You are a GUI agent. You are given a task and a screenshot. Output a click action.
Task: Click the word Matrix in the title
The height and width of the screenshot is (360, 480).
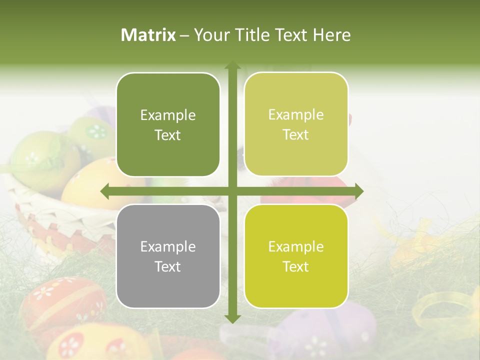(x=148, y=35)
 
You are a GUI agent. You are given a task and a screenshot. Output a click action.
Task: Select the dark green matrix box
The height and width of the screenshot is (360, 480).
(x=168, y=124)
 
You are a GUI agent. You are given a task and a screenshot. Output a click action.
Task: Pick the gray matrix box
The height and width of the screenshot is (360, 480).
(x=168, y=256)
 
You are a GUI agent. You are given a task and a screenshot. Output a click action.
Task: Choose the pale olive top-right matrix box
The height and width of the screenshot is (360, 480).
(x=296, y=124)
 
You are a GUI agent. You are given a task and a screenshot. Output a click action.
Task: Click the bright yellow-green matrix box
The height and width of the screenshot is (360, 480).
(x=296, y=256)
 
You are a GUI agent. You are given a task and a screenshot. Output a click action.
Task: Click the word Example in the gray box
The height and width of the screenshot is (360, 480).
(x=168, y=246)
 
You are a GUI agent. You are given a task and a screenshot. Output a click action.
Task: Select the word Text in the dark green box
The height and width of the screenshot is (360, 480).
(x=168, y=135)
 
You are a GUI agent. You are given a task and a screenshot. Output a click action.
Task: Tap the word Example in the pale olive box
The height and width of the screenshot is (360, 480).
(x=296, y=114)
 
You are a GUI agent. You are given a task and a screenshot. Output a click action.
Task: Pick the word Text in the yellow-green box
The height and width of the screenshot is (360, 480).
(x=296, y=266)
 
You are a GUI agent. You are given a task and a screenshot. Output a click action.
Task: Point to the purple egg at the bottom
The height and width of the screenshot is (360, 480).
(x=325, y=330)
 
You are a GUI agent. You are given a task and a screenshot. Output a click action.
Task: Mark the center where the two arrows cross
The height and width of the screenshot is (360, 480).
(x=232, y=191)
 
